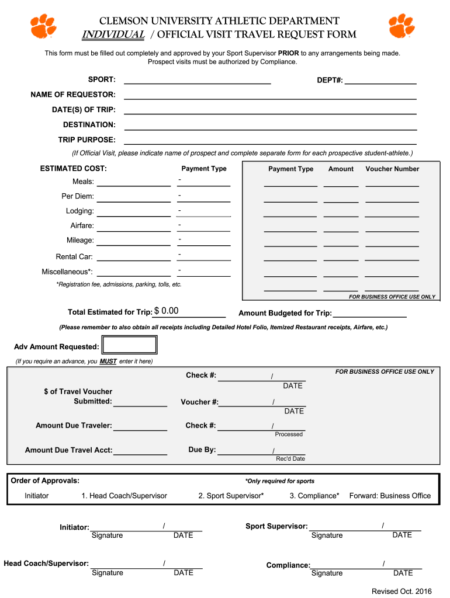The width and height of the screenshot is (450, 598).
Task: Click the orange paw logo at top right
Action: (402, 26)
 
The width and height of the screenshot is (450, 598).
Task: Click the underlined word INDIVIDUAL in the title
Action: (113, 34)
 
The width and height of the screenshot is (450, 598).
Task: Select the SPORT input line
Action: (197, 79)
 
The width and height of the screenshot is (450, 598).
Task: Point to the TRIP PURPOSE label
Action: (86, 140)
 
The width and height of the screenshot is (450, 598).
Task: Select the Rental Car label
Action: (74, 256)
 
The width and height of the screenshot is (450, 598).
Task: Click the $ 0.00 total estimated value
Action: (167, 311)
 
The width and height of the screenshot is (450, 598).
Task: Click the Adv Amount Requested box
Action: (129, 345)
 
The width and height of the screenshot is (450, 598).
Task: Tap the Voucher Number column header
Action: (392, 169)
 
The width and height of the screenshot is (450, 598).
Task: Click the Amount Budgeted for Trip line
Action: (369, 313)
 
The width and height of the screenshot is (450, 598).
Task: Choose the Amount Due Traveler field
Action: (140, 426)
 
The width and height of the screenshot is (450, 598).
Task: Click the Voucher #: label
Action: (199, 402)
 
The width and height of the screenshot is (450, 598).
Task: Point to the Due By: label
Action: (202, 450)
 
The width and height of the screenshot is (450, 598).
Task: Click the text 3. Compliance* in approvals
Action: (314, 496)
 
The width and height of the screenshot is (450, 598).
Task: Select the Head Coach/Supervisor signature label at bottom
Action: (46, 564)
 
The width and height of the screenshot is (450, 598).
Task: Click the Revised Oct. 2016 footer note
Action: (401, 591)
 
